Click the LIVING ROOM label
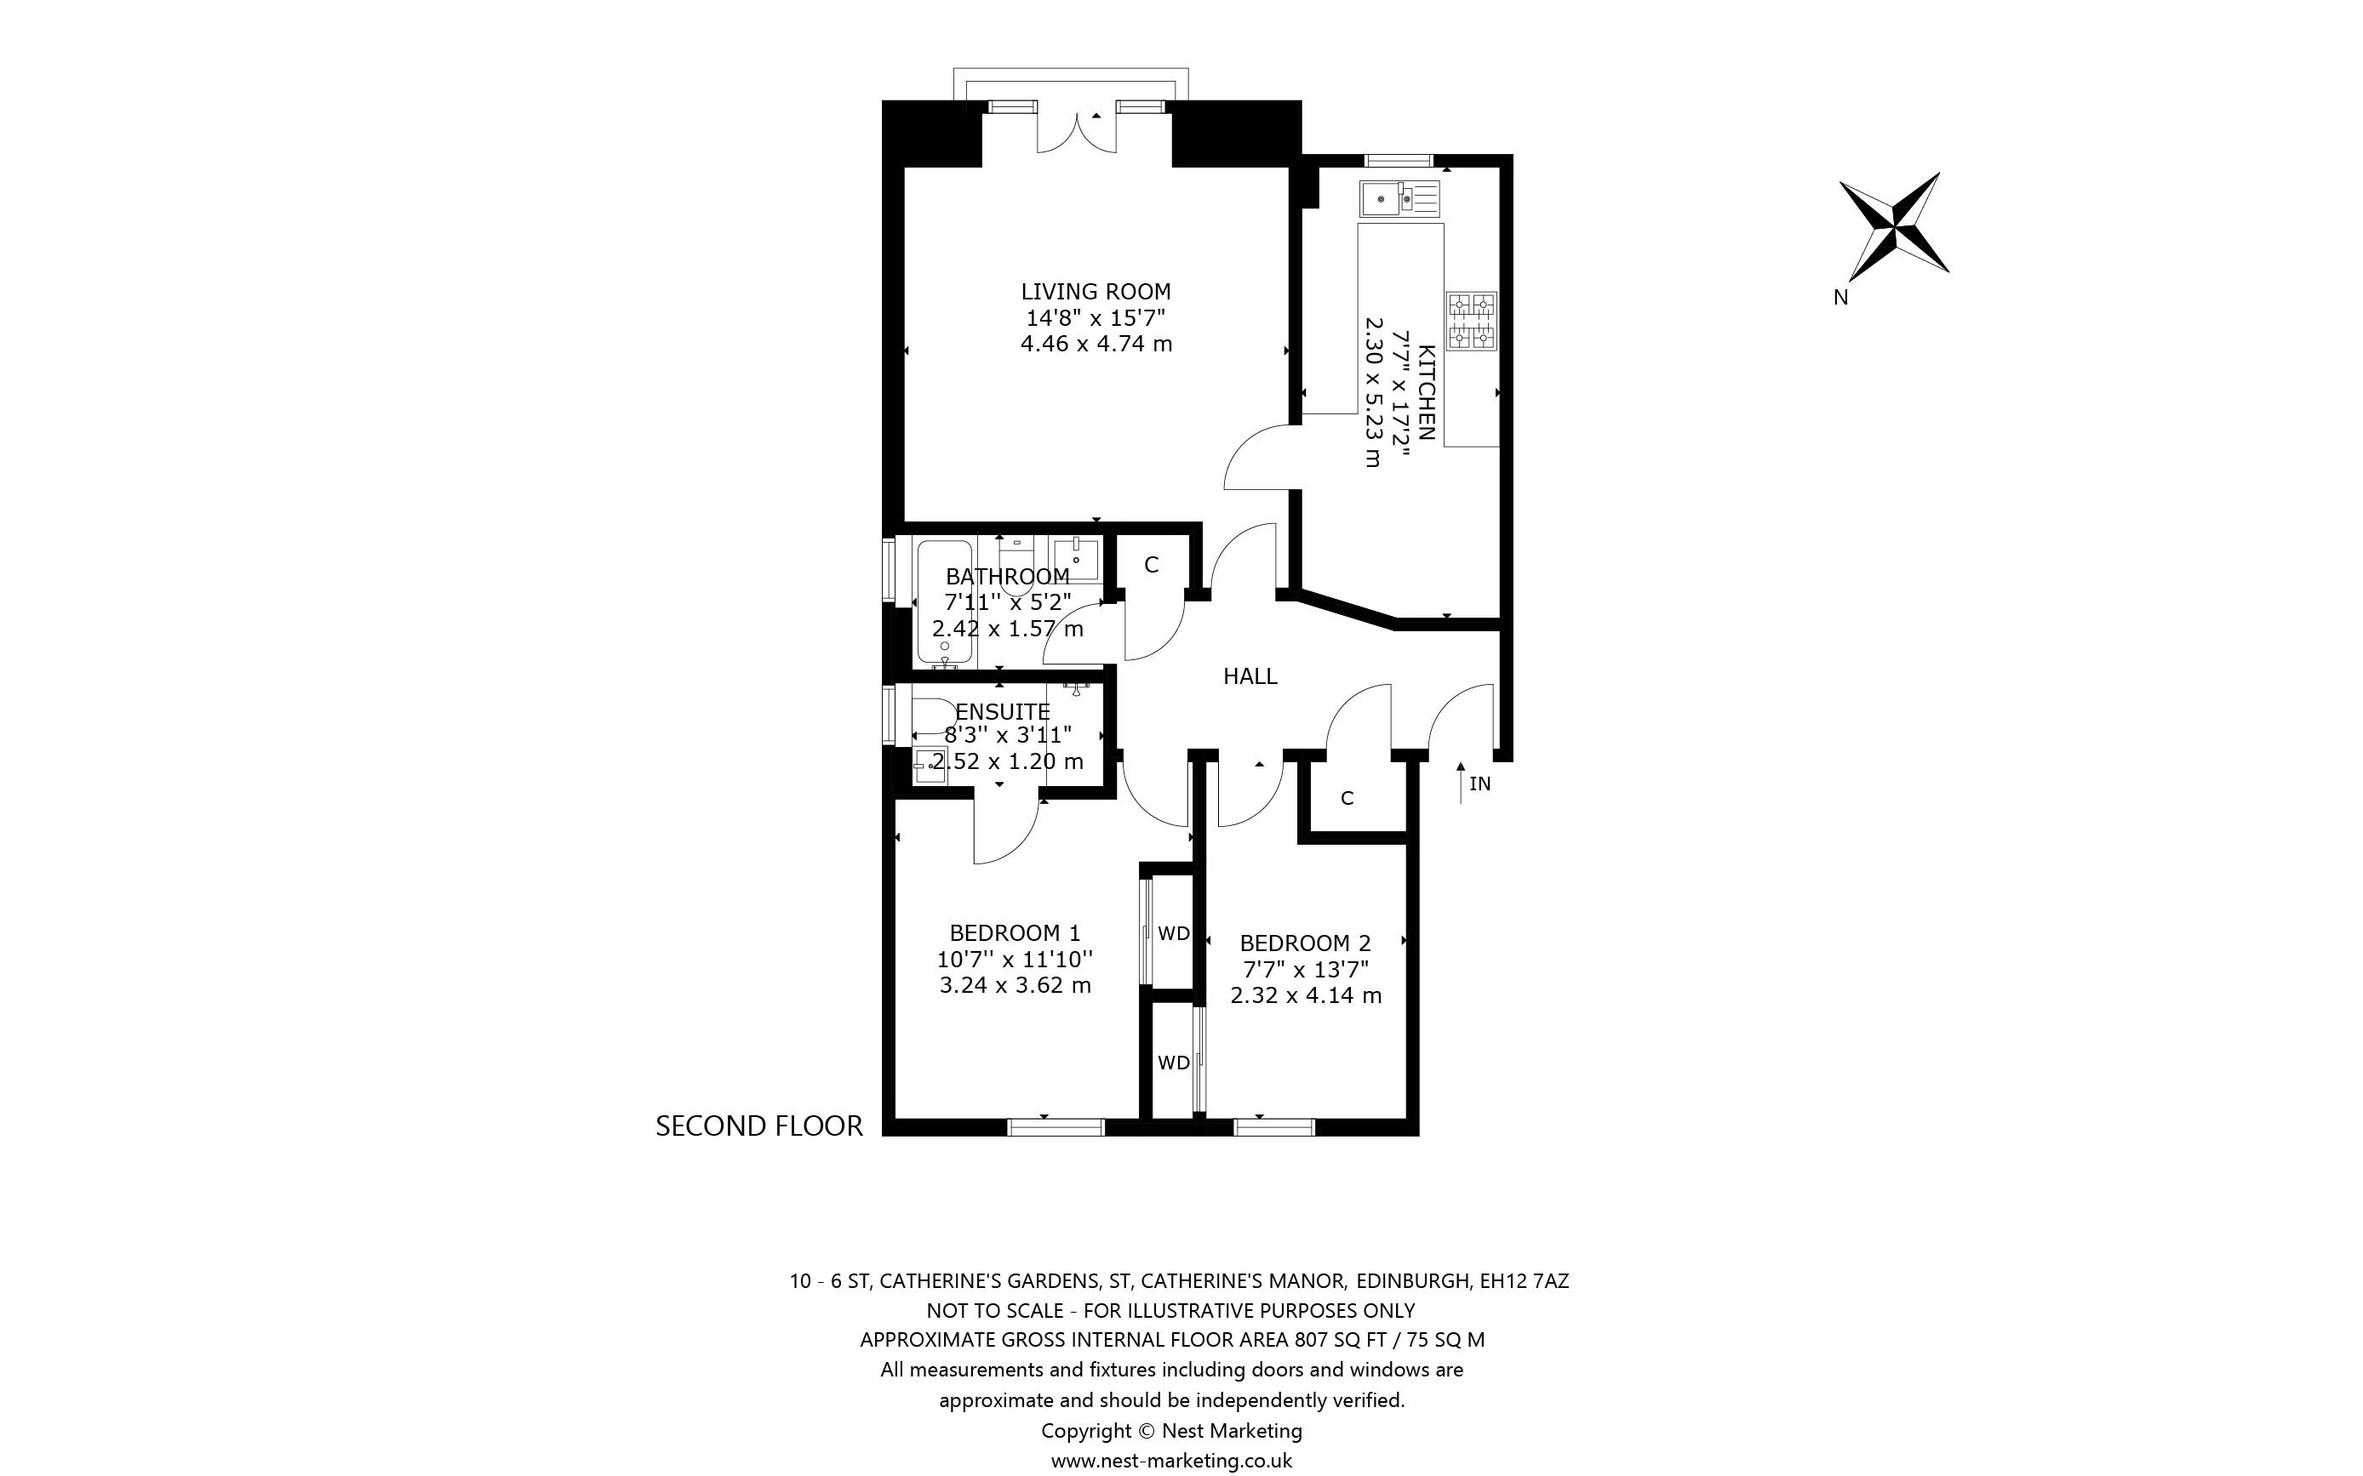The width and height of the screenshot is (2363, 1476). pos(1096,291)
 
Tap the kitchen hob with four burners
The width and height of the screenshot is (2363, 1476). pos(1472,322)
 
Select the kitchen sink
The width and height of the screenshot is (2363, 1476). pos(1399,199)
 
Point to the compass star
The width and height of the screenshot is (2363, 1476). pos(1893,226)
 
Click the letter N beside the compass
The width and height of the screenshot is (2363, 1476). pos(1840,298)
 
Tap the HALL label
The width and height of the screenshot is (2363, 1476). pos(1250,675)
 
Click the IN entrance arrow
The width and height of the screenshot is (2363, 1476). pos(1461,783)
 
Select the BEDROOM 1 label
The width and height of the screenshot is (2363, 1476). pos(1015,932)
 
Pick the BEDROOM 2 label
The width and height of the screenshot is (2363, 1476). pos(1306,943)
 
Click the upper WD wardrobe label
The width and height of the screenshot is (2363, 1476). pos(1174,933)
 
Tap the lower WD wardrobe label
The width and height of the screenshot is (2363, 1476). pos(1174,1062)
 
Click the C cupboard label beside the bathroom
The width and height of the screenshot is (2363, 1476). pos(1151,564)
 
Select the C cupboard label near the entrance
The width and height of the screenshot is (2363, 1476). pos(1347,797)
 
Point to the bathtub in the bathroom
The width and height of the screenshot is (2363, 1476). pos(944,602)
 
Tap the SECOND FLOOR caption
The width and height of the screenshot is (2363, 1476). pos(758,1126)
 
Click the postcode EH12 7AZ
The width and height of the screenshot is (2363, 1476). pos(1525,1281)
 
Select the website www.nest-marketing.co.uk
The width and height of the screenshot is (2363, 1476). pos(1172,1461)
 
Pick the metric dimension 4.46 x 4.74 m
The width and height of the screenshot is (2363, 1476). pos(1096,344)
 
